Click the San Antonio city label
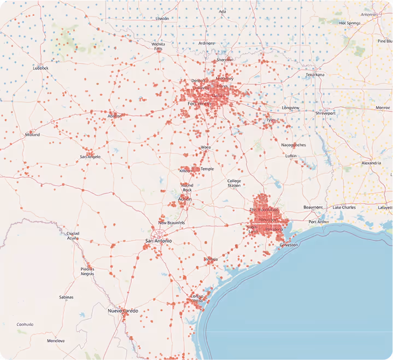(158, 241)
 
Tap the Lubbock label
(40, 68)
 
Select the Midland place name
(32, 135)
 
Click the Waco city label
(206, 147)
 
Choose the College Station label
(234, 183)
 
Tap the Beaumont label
(313, 207)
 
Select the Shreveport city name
(325, 113)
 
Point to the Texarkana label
(315, 74)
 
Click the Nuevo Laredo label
(122, 311)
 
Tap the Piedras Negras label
(87, 271)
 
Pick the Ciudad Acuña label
(73, 236)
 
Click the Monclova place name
(56, 341)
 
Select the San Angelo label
(90, 156)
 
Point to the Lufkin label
(291, 156)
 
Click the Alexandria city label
(371, 163)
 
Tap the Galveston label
(289, 245)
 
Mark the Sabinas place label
(66, 297)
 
